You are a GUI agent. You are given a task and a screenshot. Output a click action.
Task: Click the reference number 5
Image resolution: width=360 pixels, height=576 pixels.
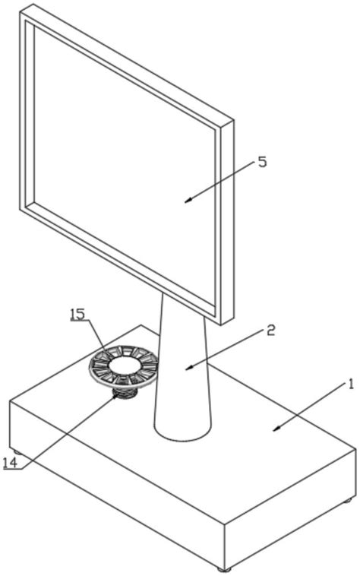point(262,162)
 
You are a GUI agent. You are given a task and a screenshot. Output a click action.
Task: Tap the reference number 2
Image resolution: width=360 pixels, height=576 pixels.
point(270,331)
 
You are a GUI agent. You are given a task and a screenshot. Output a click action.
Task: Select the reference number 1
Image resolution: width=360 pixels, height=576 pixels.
point(351,385)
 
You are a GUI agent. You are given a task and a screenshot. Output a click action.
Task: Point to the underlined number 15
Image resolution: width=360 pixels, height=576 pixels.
point(77,314)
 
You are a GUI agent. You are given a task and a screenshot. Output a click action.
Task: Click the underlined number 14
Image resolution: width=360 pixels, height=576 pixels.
point(11,463)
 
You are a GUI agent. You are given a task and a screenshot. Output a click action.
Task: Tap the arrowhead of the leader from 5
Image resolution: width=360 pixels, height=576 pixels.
point(188,201)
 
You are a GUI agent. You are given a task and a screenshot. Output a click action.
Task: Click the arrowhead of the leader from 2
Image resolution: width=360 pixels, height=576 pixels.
point(189,368)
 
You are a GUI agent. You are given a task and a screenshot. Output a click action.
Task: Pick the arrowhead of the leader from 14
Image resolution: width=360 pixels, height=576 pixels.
point(116,398)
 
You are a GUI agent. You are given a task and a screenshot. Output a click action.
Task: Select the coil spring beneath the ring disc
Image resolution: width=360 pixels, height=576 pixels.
point(125,393)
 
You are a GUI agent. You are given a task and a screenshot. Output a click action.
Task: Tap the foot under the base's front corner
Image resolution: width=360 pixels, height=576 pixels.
point(224,569)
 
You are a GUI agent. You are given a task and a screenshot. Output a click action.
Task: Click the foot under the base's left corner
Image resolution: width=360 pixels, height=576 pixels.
point(17,452)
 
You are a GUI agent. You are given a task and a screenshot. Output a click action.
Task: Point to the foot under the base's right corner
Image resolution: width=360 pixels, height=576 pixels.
point(347,500)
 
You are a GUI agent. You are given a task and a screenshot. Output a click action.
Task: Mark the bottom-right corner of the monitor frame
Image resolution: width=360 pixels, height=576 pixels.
point(220,324)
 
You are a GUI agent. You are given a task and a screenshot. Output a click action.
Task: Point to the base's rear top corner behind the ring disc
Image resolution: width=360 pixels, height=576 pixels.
point(141,325)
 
